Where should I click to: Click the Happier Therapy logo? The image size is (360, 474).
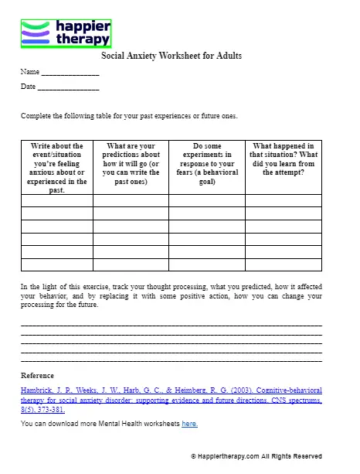[x=65, y=34]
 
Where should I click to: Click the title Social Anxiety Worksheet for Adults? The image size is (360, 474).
[x=172, y=56]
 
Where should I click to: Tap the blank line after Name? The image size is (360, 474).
[x=70, y=73]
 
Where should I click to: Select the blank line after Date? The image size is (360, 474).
[x=68, y=88]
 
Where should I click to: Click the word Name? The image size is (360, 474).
[x=29, y=72]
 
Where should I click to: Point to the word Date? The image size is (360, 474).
[x=28, y=87]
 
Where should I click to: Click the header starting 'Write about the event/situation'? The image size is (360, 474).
[x=56, y=167]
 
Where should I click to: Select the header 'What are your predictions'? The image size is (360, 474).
[x=131, y=163]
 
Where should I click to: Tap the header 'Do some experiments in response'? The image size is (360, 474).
[x=206, y=163]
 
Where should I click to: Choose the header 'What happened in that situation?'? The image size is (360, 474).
[x=283, y=159]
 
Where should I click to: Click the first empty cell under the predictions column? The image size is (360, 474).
[x=131, y=201]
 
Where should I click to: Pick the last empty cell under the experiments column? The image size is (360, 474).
[x=206, y=264]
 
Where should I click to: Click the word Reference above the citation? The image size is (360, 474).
[x=37, y=376]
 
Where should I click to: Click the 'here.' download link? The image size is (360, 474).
[x=190, y=424]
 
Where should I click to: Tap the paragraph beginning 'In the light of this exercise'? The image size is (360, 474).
[x=171, y=295]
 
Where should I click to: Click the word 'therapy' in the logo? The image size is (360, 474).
[x=82, y=39]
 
